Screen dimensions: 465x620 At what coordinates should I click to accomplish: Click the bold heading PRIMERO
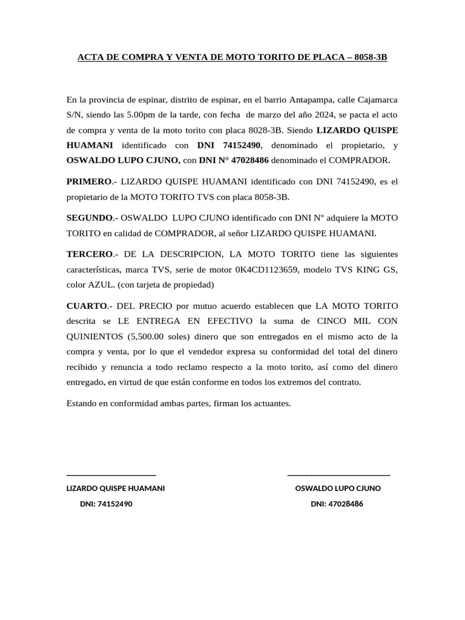point(89,181)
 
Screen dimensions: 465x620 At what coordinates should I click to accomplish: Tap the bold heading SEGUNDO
point(90,217)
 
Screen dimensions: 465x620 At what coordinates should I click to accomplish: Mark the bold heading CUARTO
point(87,305)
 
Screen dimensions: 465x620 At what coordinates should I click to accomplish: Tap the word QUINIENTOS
point(94,337)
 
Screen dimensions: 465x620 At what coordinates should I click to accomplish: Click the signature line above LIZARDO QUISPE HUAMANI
point(111,475)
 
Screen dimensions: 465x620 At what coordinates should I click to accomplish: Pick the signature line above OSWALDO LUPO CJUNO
point(338,475)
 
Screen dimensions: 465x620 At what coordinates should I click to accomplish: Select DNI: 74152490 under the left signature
point(106,504)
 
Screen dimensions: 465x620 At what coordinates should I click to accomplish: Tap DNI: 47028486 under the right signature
point(337,504)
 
